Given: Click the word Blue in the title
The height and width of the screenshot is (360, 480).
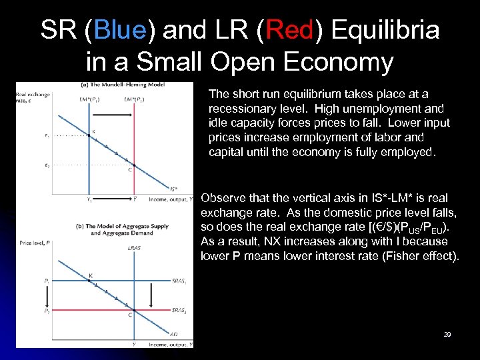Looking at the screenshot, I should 121,30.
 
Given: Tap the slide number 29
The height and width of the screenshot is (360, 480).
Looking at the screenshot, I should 447,334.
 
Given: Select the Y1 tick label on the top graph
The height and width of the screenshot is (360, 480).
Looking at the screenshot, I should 89,199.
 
